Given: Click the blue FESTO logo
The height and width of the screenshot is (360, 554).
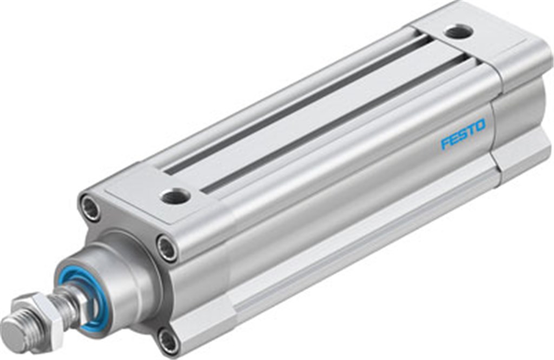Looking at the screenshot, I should [x=463, y=135].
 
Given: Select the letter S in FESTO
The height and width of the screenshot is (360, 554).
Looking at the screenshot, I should [x=463, y=135].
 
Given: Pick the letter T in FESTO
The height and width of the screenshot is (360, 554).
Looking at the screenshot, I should [x=471, y=130].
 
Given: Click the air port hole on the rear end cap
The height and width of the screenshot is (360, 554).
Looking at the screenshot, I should [x=459, y=32].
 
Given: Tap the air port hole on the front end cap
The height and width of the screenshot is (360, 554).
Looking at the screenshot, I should [x=175, y=196].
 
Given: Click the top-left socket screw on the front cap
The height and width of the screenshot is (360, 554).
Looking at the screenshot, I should [x=90, y=208].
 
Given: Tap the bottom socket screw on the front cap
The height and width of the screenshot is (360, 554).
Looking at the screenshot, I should [x=168, y=341].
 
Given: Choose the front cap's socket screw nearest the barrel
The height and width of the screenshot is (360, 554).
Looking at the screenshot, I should [x=167, y=248].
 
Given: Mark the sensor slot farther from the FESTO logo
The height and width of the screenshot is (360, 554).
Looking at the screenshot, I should [x=292, y=103].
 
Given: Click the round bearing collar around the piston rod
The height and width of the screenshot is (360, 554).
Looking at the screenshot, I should [x=116, y=281].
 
